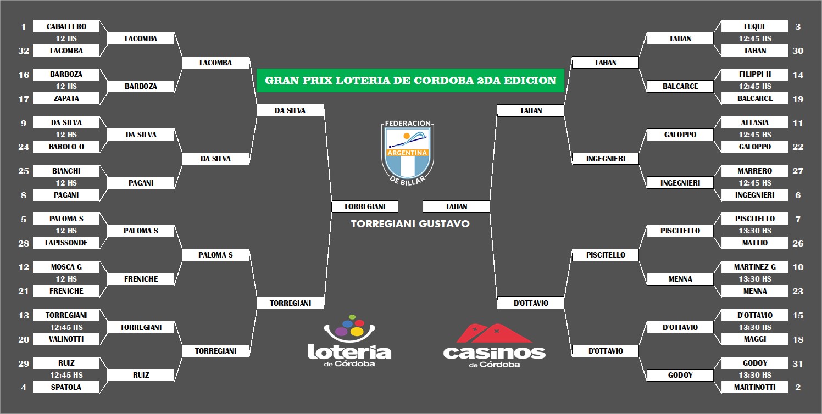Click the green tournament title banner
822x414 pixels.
tap(410, 80)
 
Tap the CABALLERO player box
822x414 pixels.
tap(66, 26)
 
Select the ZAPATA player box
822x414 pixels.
tap(66, 98)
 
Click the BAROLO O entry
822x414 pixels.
tap(66, 147)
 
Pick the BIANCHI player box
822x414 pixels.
tap(66, 171)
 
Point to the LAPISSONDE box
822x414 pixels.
tap(66, 243)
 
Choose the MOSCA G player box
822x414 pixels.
tap(66, 267)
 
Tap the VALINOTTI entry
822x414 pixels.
tap(66, 339)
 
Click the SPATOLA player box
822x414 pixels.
tap(66, 387)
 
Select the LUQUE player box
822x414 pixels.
tap(754, 26)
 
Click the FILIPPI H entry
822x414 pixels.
tap(754, 74)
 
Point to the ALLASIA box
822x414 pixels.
tap(754, 122)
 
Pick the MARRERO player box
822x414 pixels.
tap(754, 171)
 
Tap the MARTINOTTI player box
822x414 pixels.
tap(754, 387)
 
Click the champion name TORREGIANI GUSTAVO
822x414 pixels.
tap(410, 224)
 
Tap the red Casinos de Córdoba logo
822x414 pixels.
tap(494, 346)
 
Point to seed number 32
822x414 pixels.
tap(23, 51)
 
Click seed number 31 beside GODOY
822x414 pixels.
tap(798, 363)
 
